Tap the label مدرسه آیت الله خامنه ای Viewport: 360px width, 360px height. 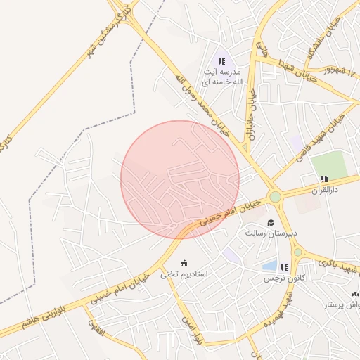(222, 77)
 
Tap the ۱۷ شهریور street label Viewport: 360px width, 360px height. (340, 72)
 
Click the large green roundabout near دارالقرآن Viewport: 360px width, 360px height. (275, 197)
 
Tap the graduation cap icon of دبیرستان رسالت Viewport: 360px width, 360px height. (271, 222)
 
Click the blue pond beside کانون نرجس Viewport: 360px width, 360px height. (269, 266)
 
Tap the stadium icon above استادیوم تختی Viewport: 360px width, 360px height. (184, 263)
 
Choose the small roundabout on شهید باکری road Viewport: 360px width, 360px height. (297, 252)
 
